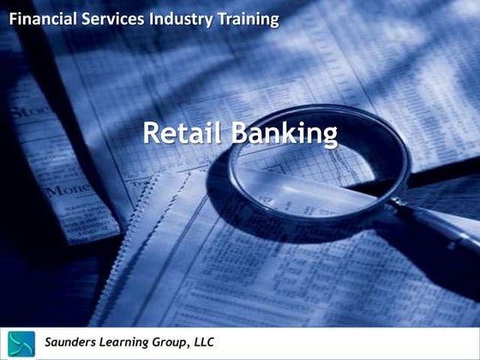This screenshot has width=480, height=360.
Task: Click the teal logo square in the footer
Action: coord(21,343)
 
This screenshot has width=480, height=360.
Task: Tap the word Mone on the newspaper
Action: coord(67,189)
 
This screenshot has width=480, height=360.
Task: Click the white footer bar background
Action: coord(360,343)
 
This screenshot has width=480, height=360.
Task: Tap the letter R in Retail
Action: coord(150,134)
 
